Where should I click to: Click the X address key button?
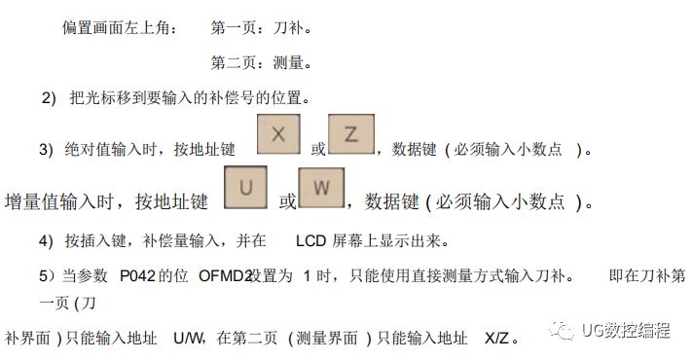tap(278, 134)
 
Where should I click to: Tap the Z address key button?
tap(351, 134)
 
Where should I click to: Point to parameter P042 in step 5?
tap(139, 276)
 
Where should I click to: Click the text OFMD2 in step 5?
tap(225, 276)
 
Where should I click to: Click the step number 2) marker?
tap(49, 98)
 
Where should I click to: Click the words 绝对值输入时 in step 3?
tap(108, 150)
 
